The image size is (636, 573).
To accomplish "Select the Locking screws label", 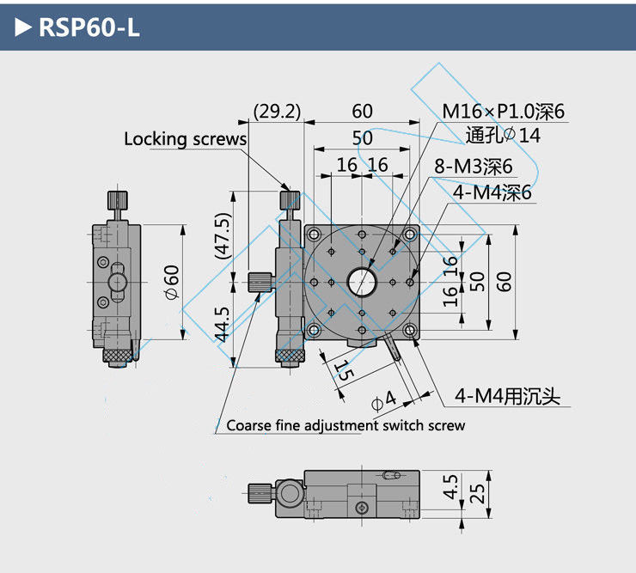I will [185, 138].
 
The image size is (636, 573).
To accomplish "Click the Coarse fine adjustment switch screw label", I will [346, 425].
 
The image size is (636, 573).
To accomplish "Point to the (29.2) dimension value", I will [276, 111].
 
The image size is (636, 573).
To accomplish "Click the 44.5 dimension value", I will [223, 324].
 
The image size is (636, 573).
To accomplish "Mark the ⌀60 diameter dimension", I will [171, 282].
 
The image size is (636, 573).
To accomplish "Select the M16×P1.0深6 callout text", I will [505, 111].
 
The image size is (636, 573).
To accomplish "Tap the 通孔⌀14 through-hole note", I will [503, 135].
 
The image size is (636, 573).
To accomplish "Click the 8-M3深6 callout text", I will [473, 167].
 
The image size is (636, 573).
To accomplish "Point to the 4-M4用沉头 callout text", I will [507, 396].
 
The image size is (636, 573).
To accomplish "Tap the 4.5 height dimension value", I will [451, 490].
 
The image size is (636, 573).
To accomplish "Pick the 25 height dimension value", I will [479, 493].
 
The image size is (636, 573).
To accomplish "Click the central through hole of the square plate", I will [362, 280].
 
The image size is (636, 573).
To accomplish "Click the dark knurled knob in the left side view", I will [119, 353].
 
